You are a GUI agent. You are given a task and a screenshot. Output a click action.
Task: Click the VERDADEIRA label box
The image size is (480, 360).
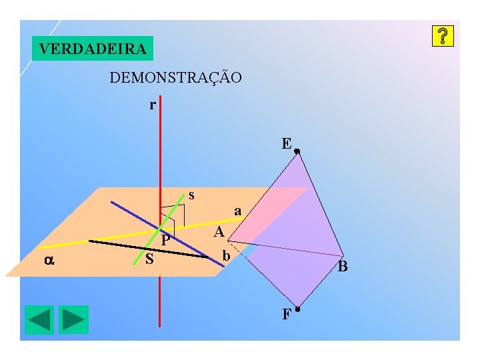(93, 49)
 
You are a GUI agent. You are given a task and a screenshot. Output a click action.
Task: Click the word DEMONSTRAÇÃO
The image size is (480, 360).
(175, 78)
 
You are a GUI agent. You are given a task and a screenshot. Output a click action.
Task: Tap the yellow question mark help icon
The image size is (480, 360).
(443, 37)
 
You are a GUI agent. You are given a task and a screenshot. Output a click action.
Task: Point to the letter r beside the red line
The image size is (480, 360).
(153, 105)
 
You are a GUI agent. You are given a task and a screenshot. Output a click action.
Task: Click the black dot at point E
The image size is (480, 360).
(297, 152)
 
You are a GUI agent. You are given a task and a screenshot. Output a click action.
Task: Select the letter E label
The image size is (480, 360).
(286, 143)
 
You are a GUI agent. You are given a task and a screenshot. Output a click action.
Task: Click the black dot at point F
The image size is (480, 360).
(297, 309)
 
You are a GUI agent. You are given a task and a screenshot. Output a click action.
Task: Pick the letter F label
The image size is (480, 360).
(286, 314)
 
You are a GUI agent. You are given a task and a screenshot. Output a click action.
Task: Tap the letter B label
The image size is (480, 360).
(343, 267)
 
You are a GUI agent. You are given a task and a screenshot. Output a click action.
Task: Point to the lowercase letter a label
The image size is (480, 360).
(237, 211)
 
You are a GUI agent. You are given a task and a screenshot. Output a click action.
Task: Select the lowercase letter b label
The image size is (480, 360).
(227, 256)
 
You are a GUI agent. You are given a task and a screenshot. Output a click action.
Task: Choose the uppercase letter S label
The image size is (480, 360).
(150, 259)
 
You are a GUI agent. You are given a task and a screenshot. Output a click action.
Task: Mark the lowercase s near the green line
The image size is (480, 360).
(192, 195)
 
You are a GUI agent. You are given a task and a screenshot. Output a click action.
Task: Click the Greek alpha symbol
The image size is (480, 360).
(49, 260)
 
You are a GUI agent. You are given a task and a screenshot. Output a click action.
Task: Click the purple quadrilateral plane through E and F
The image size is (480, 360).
(293, 220)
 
